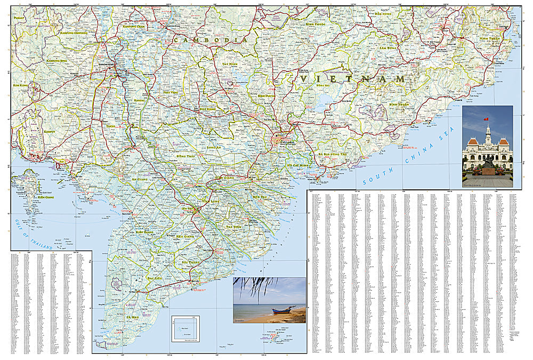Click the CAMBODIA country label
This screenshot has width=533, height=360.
coord(213,40)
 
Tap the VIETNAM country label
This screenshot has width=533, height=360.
coord(352,79)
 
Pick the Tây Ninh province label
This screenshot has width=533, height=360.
coord(230,64)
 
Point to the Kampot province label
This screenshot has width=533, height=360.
coord(34,131)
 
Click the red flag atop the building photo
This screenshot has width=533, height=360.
coord(486,118)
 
